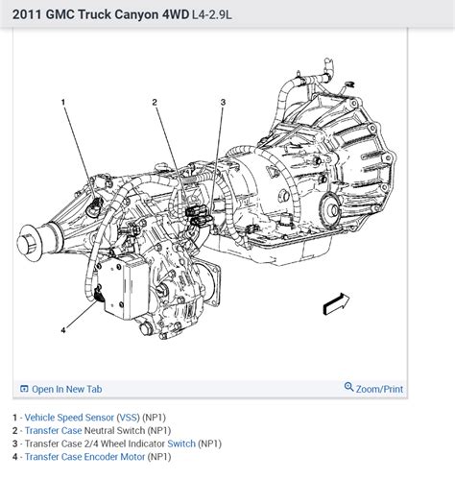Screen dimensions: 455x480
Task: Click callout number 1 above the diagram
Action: coord(63,102)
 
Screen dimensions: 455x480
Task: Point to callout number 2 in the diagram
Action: coord(155,102)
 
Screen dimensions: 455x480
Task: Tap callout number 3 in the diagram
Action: coord(223,102)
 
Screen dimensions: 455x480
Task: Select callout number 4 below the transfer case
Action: coord(63,330)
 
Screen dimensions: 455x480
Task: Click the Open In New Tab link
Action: coord(67,389)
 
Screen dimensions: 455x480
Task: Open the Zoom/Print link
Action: coord(379,389)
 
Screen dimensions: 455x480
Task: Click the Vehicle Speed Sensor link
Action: coord(69,418)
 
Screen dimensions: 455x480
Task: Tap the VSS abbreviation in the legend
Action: coord(128,418)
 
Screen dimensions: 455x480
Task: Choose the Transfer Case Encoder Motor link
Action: coord(84,457)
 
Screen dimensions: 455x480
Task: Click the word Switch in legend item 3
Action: coord(181,444)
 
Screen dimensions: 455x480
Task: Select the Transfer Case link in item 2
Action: coord(53,430)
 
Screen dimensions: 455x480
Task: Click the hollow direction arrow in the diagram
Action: coord(336,303)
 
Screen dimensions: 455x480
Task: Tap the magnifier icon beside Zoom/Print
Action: coord(348,387)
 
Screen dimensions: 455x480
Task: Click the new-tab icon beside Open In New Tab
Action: coord(24,389)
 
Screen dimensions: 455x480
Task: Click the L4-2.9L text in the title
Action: coord(212,14)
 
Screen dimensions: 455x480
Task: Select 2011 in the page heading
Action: coord(27,14)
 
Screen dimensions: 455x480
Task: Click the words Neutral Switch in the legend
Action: coord(114,430)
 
